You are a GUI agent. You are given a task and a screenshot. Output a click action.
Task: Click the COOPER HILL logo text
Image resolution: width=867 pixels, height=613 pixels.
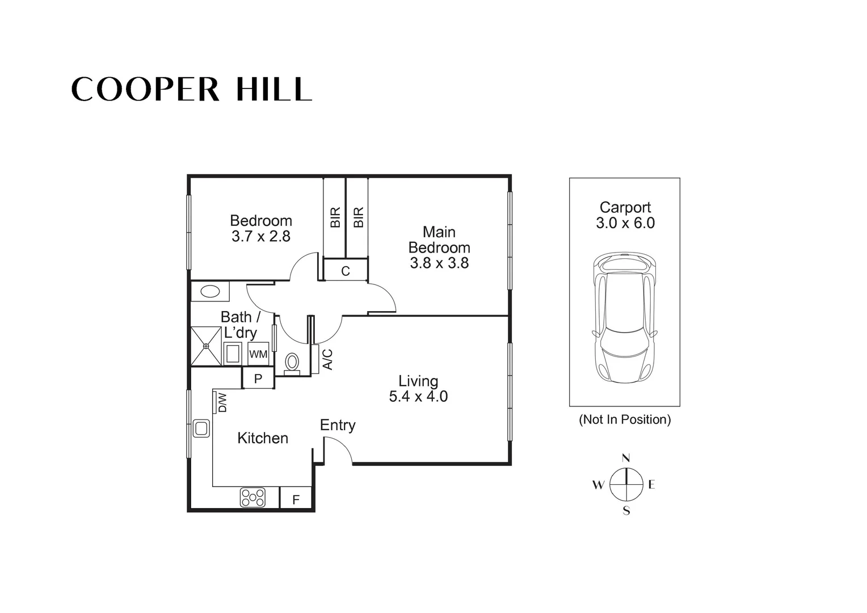point(191,90)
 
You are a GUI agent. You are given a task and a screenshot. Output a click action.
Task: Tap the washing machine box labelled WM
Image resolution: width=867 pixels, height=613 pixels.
point(258,354)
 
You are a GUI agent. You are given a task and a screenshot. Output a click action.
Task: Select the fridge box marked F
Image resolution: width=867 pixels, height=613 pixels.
point(296,499)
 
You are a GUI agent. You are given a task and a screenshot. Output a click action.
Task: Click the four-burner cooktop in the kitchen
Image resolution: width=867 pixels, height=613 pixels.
point(253,497)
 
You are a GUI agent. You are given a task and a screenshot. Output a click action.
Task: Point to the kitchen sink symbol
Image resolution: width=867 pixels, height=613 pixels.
point(201,427)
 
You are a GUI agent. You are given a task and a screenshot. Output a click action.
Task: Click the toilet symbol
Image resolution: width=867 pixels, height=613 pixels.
point(292,362)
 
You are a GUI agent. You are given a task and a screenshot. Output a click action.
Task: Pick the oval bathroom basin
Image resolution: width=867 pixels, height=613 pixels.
point(210,292)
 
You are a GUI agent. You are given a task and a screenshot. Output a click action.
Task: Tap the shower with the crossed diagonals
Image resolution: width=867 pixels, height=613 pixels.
point(206,346)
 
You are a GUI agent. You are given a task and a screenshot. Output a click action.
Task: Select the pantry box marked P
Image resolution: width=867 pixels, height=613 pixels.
point(258,379)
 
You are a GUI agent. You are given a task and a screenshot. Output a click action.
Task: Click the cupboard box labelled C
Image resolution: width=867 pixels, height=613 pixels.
point(346,271)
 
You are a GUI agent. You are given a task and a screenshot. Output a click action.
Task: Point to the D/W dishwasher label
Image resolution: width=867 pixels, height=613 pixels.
point(222,402)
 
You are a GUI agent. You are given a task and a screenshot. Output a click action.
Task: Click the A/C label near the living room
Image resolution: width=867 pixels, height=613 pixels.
point(327,359)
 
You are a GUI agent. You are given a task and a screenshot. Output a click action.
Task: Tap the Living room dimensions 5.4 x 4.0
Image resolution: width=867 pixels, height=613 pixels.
point(418,396)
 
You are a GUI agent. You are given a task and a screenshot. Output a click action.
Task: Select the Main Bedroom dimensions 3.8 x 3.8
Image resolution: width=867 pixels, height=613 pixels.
point(439,263)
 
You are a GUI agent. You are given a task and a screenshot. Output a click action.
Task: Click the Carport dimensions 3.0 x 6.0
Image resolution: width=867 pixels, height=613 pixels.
point(625,223)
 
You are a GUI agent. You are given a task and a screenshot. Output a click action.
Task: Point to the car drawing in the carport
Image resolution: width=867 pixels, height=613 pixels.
point(624,318)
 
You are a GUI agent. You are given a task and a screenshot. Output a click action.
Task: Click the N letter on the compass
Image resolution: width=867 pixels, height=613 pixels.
point(626,458)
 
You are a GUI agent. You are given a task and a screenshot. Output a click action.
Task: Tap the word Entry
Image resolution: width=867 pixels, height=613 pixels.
point(338,425)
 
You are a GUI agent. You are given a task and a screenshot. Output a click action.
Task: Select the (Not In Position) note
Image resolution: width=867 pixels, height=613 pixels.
point(625,419)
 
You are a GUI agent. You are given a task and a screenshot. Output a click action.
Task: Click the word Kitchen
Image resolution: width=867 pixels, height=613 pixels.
point(263,438)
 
